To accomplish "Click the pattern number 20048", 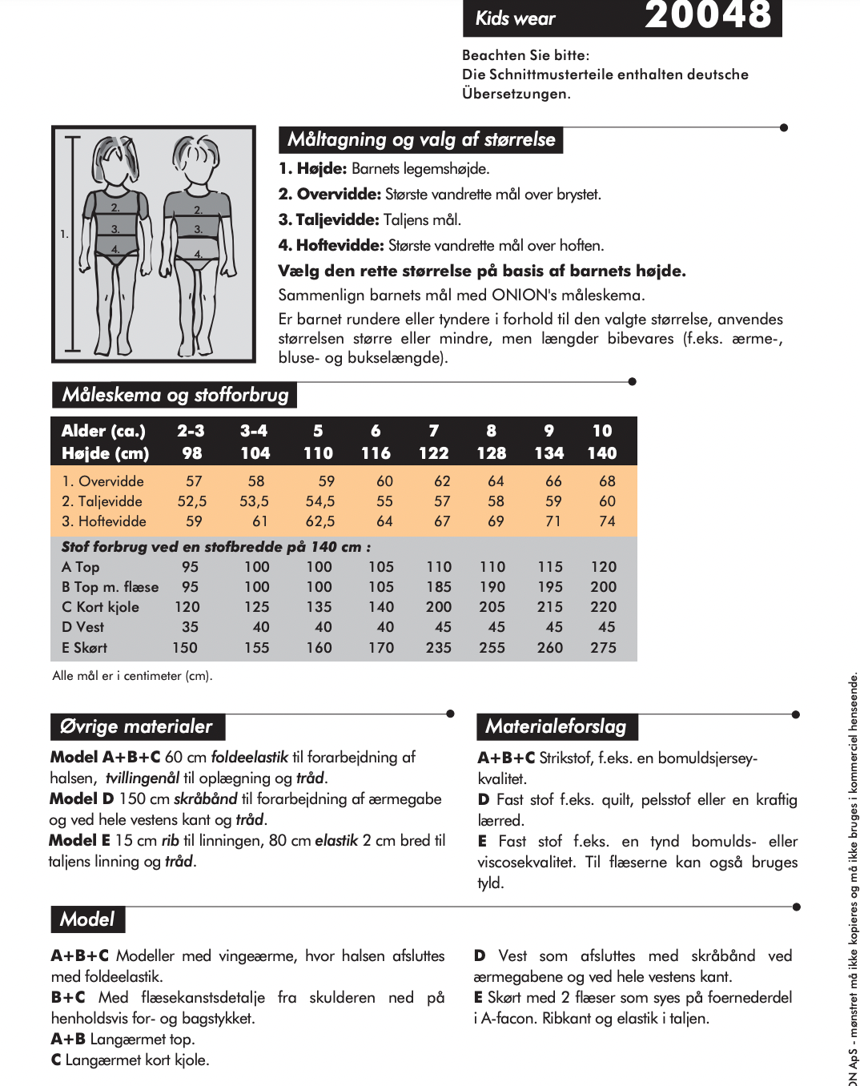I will click(708, 15).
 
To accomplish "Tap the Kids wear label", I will click(515, 18).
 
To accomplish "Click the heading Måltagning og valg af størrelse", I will click(421, 139).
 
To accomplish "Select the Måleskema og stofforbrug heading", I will click(175, 395).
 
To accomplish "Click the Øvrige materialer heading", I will click(136, 726).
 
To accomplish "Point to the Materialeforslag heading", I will click(556, 726).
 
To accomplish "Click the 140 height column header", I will click(602, 453).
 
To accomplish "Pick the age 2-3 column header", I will click(191, 431).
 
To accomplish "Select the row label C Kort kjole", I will click(100, 607).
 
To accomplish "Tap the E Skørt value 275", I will click(604, 647).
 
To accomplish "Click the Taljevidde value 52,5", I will click(192, 501).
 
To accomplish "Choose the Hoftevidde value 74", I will click(607, 521).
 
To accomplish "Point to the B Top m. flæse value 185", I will click(439, 587).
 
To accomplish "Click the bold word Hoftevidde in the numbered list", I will click(340, 245).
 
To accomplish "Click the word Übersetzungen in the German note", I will click(515, 94).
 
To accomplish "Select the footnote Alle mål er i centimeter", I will click(132, 676).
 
